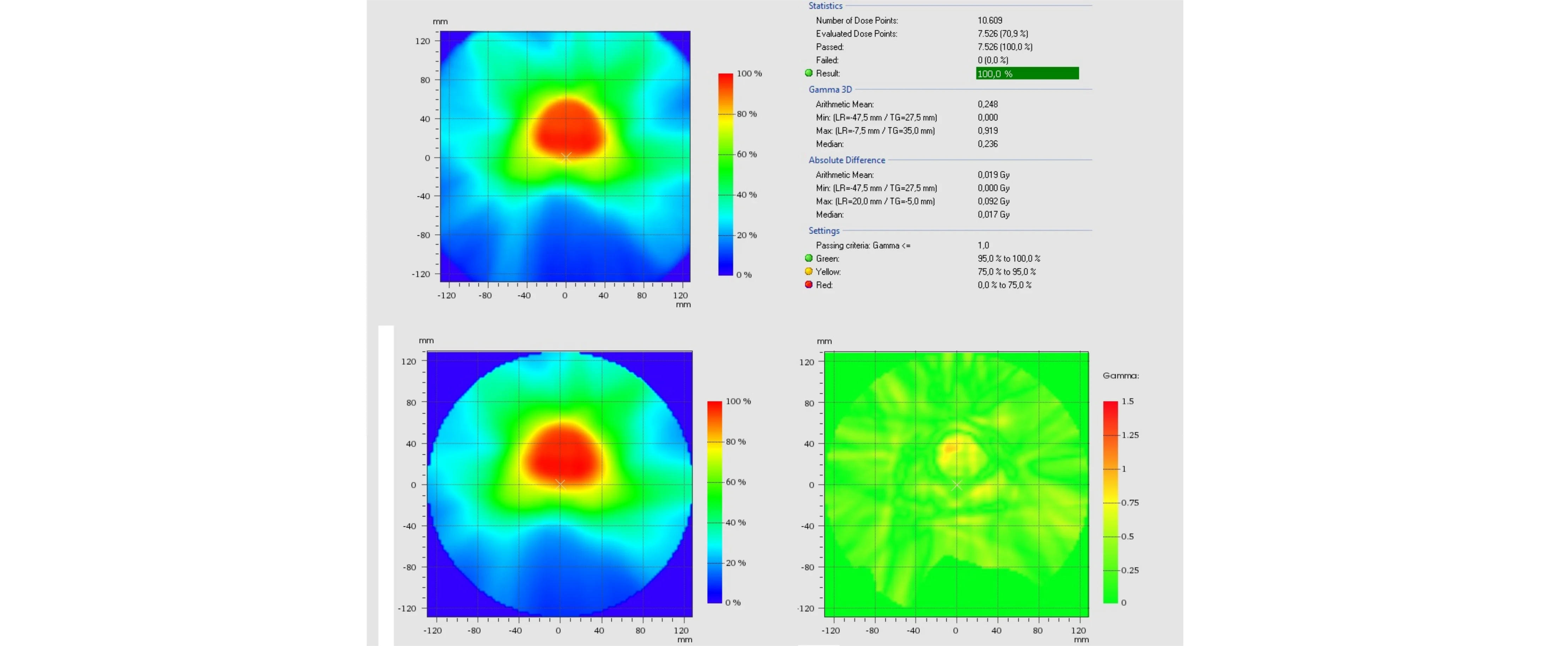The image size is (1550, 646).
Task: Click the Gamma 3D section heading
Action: [830, 90]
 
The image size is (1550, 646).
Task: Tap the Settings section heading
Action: [824, 231]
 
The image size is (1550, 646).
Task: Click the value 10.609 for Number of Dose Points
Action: [990, 20]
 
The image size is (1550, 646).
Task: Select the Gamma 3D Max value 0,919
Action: [987, 131]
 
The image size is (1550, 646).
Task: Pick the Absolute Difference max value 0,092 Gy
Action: [993, 201]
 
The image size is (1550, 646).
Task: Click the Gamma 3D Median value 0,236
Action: [987, 144]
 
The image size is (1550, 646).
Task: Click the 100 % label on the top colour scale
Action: [749, 73]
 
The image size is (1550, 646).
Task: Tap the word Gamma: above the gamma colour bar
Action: [1121, 376]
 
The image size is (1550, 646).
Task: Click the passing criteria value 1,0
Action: [983, 245]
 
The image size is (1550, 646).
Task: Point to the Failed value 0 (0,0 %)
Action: [992, 60]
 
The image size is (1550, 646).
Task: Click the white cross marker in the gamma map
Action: [956, 485]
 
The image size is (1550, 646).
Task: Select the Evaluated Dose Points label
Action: [856, 34]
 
